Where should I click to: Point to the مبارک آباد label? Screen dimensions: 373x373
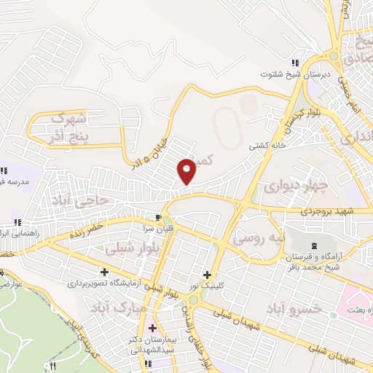point(114,309)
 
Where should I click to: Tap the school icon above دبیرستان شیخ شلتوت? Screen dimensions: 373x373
point(294,63)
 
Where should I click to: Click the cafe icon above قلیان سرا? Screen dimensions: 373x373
point(158,217)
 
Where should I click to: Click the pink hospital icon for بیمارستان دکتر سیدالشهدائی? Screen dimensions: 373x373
point(152,328)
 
